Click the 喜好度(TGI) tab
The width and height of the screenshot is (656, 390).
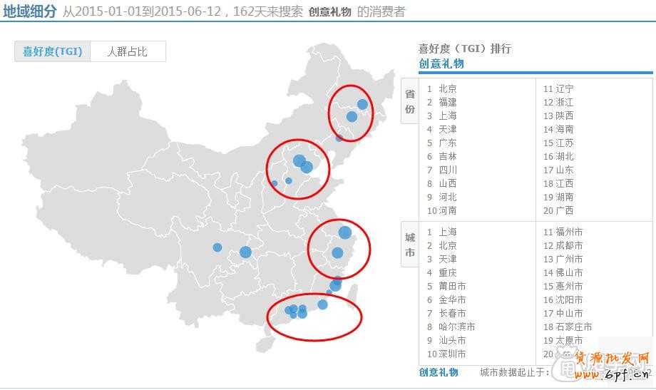53,51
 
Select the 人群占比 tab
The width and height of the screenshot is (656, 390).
127,51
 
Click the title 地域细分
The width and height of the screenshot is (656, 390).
29,11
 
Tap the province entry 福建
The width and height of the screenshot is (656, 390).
448,102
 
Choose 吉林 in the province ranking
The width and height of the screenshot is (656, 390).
448,156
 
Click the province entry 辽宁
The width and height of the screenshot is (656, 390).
564,88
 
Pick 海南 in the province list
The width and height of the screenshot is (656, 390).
564,129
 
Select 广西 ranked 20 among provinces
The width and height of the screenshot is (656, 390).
564,210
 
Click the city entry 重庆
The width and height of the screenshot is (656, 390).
448,272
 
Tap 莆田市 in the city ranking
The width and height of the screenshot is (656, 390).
452,286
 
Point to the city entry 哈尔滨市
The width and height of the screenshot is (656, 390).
456,327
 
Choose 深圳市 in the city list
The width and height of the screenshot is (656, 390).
452,354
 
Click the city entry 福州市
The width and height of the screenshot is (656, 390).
569,232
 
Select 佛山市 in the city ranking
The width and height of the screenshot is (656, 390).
569,272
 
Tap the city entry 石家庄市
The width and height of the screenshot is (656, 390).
573,327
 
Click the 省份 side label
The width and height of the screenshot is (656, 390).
410,101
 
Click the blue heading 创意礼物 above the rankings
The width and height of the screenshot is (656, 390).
441,63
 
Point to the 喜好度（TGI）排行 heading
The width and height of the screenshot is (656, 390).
464,48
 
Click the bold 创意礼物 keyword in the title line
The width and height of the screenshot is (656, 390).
330,11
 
